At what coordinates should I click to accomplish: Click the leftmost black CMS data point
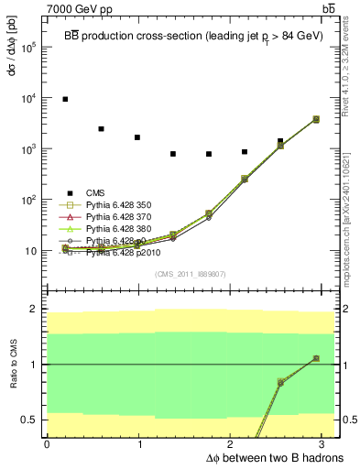point(65,99)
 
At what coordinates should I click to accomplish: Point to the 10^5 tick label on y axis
point(28,48)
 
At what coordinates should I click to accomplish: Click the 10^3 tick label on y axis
point(28,149)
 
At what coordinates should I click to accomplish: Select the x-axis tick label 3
point(324,444)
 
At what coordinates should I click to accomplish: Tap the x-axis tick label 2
point(233,444)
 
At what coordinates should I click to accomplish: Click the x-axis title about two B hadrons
point(276,456)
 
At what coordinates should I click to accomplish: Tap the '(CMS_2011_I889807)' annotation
point(183,274)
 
